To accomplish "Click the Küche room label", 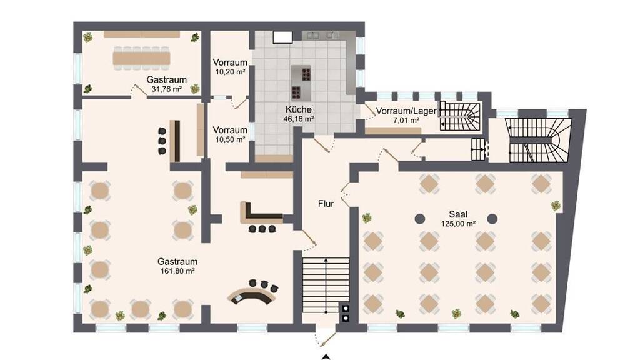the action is pos(298,109).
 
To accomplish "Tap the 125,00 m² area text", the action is pos(458,224).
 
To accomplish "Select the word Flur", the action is pos(326,203).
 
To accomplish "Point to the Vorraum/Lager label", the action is pos(406,111).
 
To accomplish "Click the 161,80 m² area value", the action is pos(177,271).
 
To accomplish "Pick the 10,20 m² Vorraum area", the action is pos(230,72).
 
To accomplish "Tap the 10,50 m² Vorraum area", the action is pos(230,139).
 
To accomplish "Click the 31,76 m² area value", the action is pos(166,89).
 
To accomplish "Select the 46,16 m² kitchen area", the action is pos(298,119).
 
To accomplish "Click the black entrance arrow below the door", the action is pos(326,357).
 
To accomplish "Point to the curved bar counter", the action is pos(252,295).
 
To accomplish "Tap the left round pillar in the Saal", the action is pos(420,219).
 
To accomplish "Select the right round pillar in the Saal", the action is pos(492,219).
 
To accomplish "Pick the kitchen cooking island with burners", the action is pos(301,83).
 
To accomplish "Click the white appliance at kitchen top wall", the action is pos(283,37).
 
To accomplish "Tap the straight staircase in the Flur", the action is pos(326,285).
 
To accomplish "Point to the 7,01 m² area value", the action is pos(406,121).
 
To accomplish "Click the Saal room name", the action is pos(458,214).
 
